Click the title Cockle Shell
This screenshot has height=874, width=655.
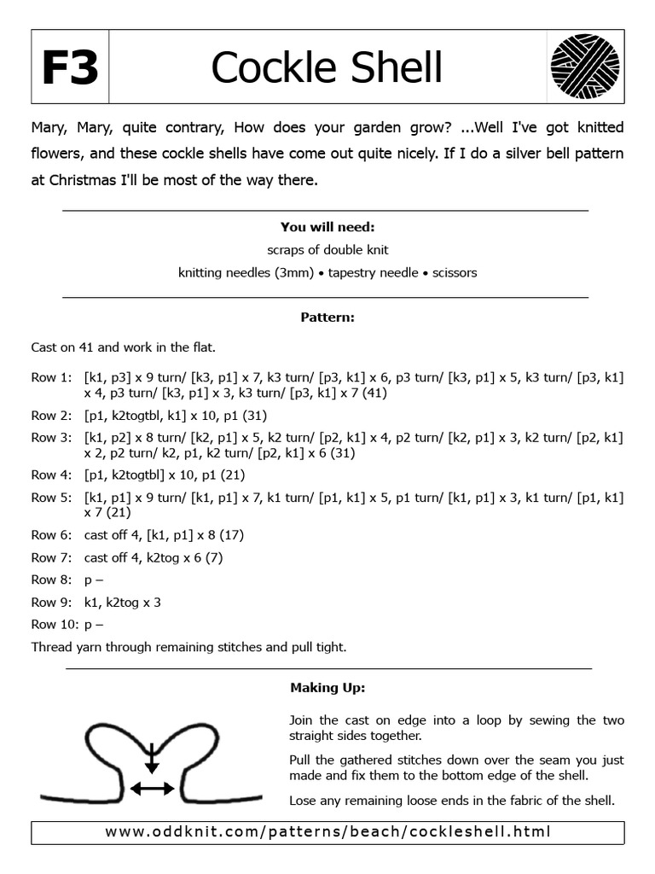pyautogui.click(x=327, y=68)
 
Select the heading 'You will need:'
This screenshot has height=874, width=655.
pyautogui.click(x=327, y=227)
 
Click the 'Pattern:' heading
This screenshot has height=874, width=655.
pyautogui.click(x=327, y=318)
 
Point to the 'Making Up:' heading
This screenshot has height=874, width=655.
pyautogui.click(x=327, y=687)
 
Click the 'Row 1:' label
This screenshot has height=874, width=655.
pyautogui.click(x=52, y=376)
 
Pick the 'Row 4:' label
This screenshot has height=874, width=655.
pyautogui.click(x=52, y=475)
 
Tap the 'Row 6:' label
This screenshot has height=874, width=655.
pyautogui.click(x=52, y=535)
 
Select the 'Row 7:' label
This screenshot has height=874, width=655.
pyautogui.click(x=52, y=557)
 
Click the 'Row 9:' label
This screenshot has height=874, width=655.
pyautogui.click(x=52, y=602)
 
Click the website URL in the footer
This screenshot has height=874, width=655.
pyautogui.click(x=327, y=831)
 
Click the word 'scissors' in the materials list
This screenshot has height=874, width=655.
pyautogui.click(x=455, y=273)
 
